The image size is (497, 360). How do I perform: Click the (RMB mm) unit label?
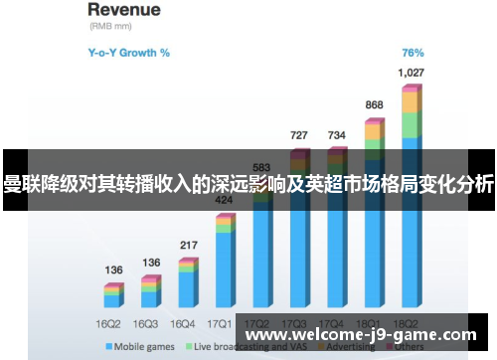point(111,29)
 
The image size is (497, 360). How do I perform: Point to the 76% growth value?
point(413,53)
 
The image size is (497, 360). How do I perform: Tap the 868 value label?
point(374,104)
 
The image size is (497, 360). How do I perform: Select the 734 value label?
point(336,134)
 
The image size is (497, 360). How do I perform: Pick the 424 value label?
point(225,200)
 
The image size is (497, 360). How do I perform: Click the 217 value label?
point(188,245)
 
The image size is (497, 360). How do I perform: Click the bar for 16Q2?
point(113,295)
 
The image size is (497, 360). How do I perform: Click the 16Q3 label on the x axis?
point(145,323)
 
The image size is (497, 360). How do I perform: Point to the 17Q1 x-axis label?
point(220,323)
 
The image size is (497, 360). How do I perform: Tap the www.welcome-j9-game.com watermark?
point(360,335)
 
